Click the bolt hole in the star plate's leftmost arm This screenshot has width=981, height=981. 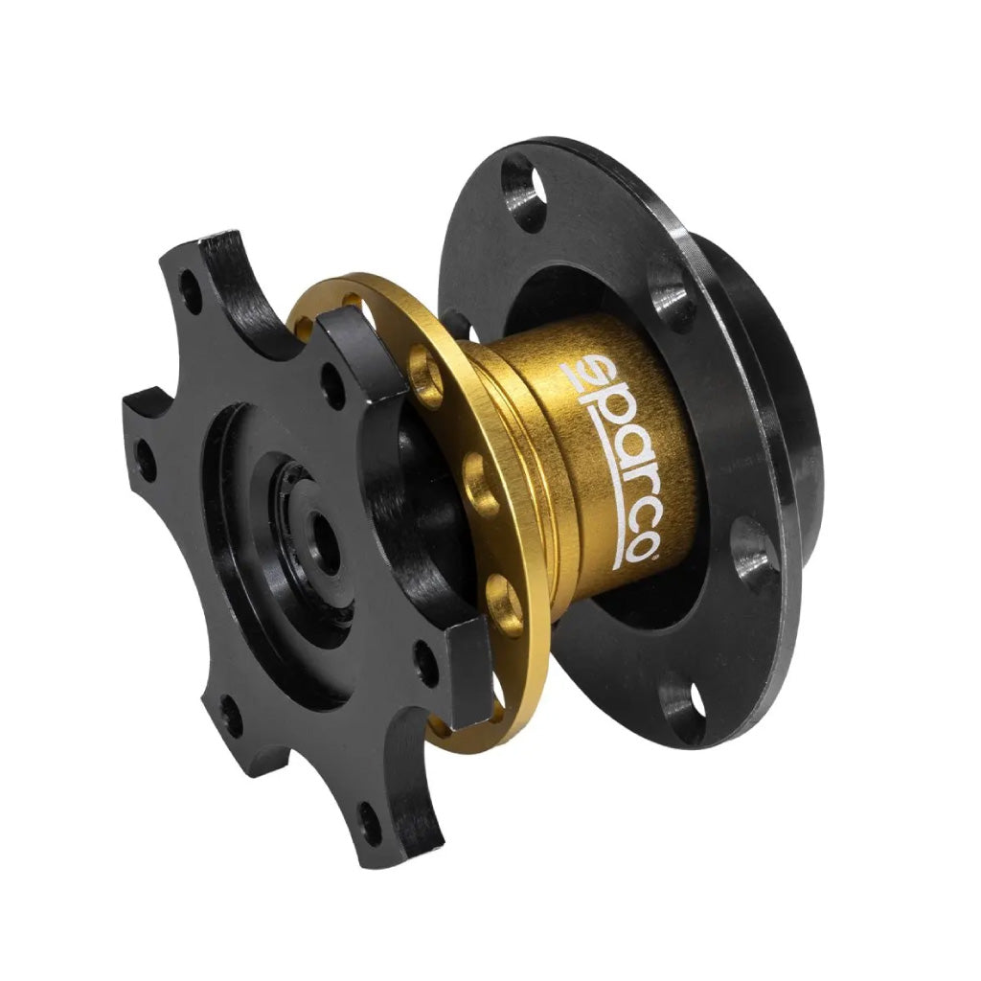[x=146, y=460]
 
